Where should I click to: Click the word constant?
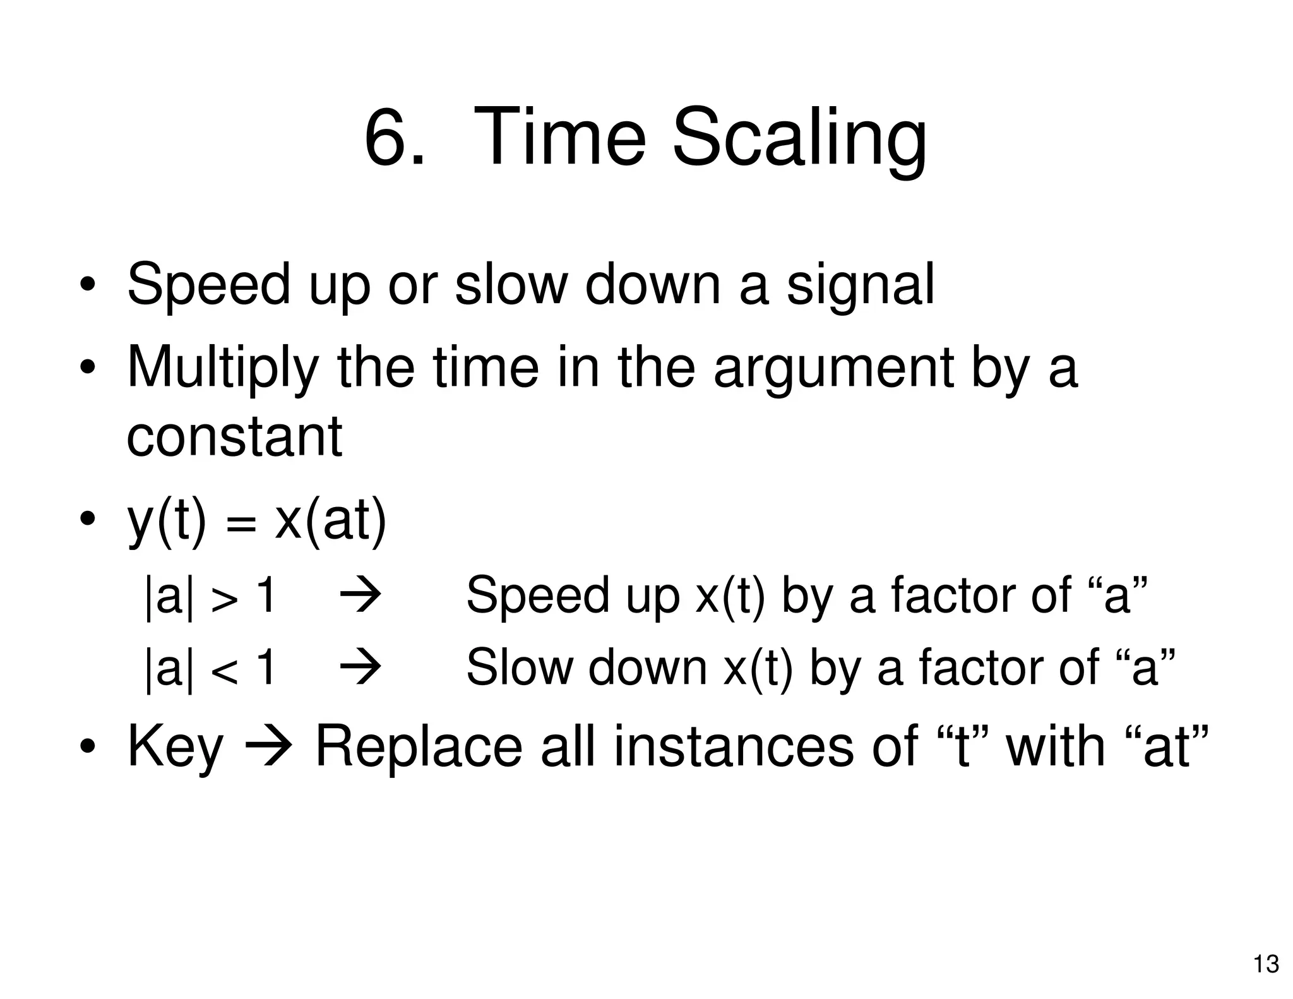pos(234,436)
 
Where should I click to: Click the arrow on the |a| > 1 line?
pos(360,596)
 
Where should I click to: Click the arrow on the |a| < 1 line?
pos(360,668)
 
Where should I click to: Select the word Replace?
pos(419,748)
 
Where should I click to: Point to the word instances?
pos(734,748)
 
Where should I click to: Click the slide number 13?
pos(1266,964)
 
